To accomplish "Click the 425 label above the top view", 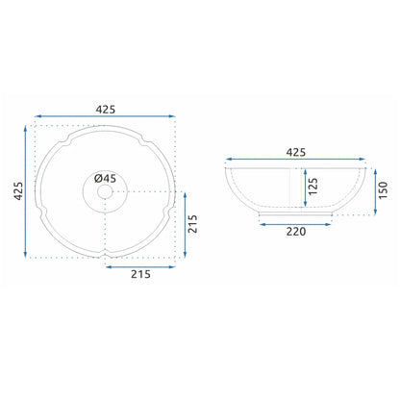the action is (x=106, y=110).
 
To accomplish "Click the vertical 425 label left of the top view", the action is (x=18, y=191).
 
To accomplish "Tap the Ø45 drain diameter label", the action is (x=105, y=178).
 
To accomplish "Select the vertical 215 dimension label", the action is (x=192, y=224).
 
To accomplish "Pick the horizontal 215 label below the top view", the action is (x=140, y=274).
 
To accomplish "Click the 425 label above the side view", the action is (x=295, y=152).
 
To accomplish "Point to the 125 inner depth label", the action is (x=312, y=187).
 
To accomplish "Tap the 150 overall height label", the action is (x=383, y=190).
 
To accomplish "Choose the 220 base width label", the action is (x=296, y=232).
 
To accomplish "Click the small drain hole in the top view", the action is (x=105, y=192).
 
